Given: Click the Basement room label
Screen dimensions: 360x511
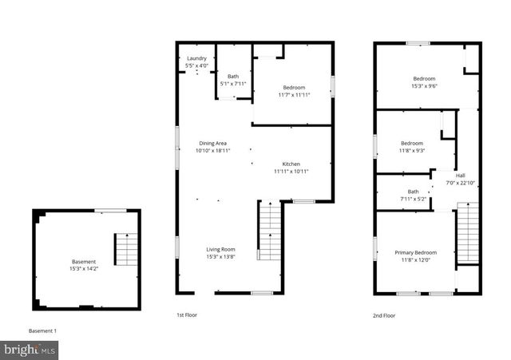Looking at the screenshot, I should coord(84,262).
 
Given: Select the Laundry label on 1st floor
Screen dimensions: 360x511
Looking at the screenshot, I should coord(197,59).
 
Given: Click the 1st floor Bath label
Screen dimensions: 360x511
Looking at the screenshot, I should coord(233,77).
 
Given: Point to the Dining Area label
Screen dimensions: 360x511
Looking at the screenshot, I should coord(213,143).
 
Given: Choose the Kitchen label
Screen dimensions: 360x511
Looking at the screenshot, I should coord(291,164).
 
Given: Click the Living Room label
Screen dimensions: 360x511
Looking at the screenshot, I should coord(221,249).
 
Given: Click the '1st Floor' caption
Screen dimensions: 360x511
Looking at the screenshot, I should coord(187,315).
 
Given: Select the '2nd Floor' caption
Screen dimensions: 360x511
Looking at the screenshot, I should coord(384,315).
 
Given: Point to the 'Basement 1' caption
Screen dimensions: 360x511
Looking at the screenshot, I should coord(43,330).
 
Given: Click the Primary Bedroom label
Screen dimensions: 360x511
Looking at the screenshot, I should coord(415,253).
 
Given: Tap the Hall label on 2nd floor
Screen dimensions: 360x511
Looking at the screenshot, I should coord(461,176).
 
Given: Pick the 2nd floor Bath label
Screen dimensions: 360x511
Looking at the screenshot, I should coord(413,192).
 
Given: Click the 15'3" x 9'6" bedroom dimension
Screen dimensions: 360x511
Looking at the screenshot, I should coord(424,85).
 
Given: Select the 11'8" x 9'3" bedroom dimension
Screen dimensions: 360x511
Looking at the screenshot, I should coord(412,150).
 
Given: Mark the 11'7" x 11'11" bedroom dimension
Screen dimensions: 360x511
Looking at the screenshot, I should coord(295,94).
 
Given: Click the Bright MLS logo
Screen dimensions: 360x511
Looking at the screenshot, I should coord(30,349).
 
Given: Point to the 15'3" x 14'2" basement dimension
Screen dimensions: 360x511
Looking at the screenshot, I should coord(84,269).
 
